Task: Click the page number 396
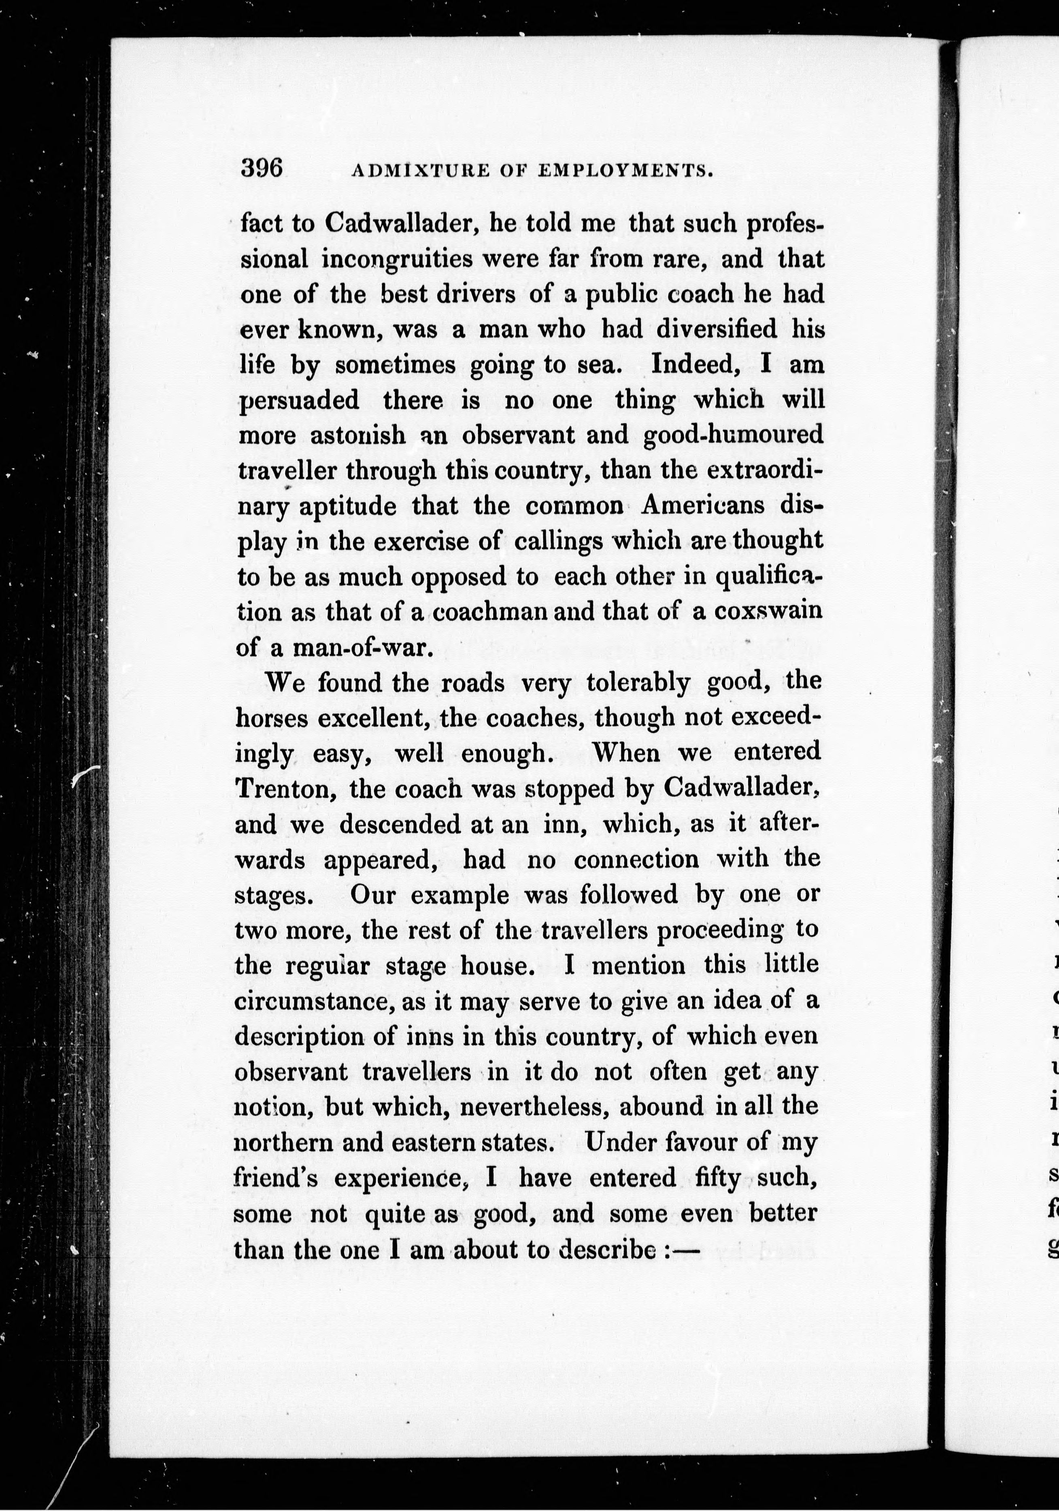pyautogui.click(x=262, y=169)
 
